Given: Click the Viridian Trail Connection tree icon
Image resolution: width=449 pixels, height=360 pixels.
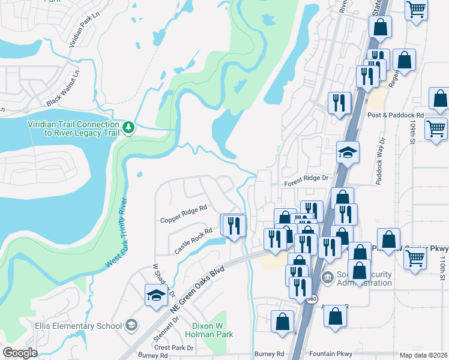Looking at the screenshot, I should click(128, 128).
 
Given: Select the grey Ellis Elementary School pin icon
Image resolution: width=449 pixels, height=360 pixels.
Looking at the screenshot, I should click(131, 326).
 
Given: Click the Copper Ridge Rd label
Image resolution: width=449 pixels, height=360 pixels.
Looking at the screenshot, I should click(184, 213).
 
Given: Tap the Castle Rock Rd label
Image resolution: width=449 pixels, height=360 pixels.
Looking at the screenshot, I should click(193, 239).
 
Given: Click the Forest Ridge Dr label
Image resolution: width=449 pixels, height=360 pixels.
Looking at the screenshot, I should click(307, 178).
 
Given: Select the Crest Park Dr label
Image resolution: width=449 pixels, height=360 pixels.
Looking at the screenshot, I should click(174, 347).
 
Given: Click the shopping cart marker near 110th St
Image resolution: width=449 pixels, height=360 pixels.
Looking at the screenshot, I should click(416, 259).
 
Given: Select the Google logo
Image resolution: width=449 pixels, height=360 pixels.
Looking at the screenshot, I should click(20, 353).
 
